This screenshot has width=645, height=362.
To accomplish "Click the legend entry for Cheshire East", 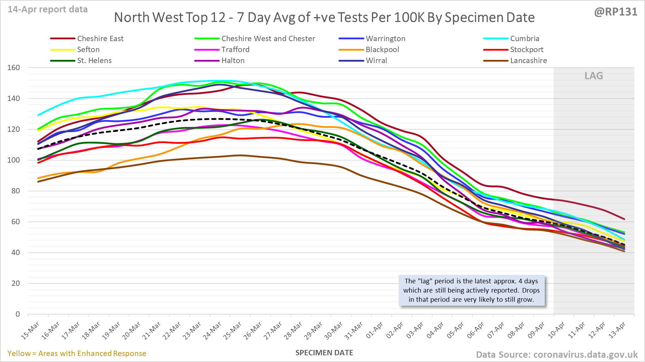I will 100,39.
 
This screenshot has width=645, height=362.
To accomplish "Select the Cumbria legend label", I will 525,39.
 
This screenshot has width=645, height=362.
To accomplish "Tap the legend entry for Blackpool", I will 382,50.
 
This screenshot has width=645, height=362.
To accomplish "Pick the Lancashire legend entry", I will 528,61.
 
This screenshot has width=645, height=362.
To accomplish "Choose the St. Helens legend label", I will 94,61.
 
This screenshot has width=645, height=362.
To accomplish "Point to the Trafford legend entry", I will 235,50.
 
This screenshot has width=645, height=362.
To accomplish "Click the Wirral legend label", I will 376,61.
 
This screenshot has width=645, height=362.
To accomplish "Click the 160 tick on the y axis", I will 13,68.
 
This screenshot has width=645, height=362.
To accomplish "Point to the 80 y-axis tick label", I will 15,191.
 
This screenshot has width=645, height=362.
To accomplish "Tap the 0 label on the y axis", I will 18,314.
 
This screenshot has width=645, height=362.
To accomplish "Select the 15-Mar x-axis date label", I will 30,331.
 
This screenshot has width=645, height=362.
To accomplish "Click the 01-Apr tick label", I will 374,331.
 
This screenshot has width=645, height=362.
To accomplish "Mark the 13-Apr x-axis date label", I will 617,331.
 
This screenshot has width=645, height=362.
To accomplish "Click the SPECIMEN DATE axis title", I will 324,353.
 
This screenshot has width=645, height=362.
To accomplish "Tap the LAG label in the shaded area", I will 594,76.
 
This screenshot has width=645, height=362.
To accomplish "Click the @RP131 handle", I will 616,12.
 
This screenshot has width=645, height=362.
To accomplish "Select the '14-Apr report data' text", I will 48,10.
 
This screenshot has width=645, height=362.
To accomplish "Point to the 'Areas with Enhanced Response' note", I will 77,353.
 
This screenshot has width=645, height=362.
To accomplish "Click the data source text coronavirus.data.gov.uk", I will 556,355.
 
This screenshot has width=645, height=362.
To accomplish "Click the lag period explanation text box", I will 471,290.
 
